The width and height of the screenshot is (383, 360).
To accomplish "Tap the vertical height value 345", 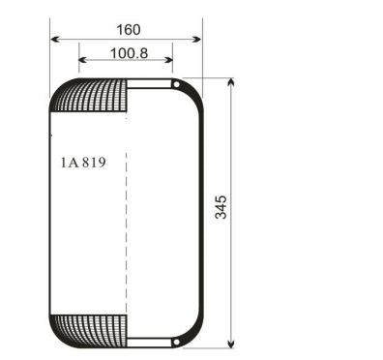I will [x=221, y=207].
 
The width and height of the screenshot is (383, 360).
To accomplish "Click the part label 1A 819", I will [x=82, y=163].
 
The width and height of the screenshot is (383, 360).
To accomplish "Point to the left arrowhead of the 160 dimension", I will [x=54, y=40].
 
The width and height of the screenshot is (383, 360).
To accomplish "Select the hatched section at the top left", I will [x=93, y=98].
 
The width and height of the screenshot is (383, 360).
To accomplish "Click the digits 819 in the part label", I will [x=93, y=163].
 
